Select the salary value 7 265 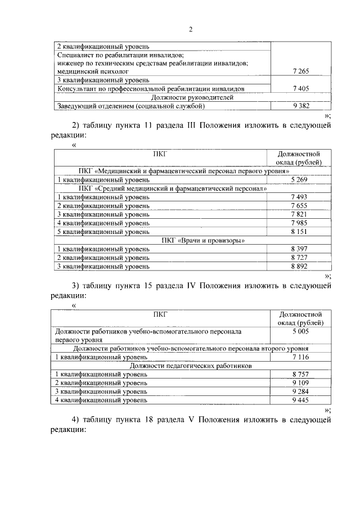pos(301,72)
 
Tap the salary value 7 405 pos(301,88)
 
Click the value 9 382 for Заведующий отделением pos(301,105)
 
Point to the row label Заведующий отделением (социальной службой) pos(131,105)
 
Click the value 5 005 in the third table pos(301,332)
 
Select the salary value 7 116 pos(301,357)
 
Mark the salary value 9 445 pos(301,400)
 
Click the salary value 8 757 pos(301,374)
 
